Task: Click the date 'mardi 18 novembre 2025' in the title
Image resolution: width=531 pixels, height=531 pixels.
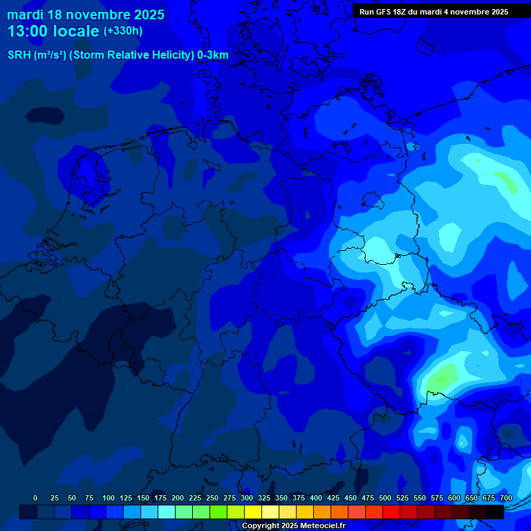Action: [86, 15]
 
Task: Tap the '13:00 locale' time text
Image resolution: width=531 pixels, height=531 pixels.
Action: [53, 31]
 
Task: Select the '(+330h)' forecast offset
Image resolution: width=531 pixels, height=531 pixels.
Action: [123, 31]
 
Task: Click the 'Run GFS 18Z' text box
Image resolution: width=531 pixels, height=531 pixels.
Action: [434, 12]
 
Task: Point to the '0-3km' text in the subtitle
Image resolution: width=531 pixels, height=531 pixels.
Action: [213, 55]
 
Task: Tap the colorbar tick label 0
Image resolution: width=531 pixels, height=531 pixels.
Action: [35, 498]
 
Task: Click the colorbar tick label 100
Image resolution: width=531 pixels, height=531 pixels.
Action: [109, 498]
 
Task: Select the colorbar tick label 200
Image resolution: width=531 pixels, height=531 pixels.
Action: [178, 498]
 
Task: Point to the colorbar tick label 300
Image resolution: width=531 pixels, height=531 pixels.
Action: [247, 498]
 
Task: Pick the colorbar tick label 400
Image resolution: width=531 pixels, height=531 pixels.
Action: [316, 498]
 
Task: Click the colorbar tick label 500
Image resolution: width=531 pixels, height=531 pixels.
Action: [385, 498]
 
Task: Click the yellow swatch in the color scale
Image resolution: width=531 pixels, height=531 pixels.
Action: [253, 512]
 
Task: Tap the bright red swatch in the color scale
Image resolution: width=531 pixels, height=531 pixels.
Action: [391, 512]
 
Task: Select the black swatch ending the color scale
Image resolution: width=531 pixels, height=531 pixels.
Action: [495, 512]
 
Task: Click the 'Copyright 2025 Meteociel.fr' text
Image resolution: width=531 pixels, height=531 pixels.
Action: [293, 525]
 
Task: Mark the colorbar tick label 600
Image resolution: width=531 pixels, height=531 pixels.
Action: [454, 498]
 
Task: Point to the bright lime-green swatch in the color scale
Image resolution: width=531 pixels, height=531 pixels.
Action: [218, 512]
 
